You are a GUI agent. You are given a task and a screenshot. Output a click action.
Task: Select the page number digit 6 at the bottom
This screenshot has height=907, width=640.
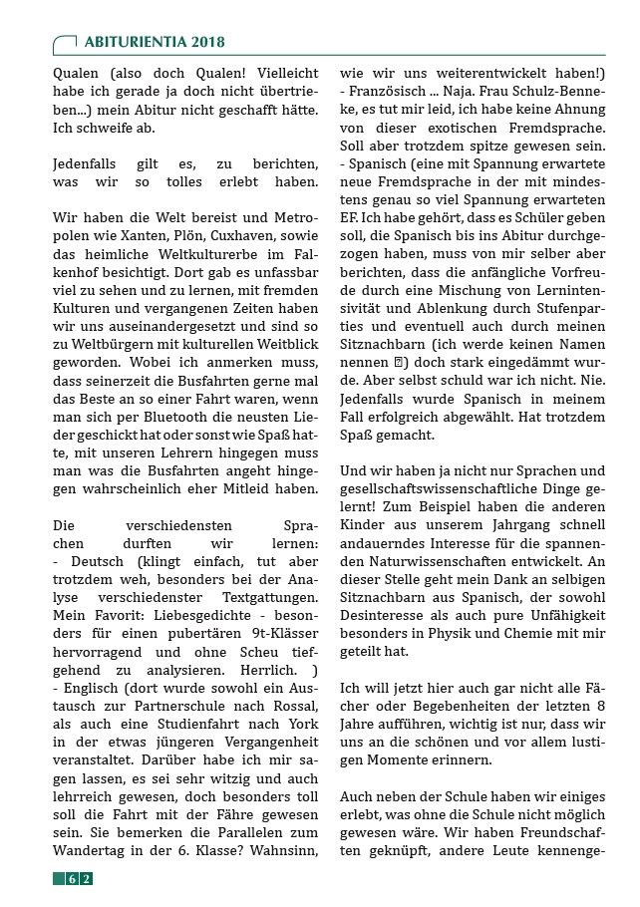click(x=73, y=878)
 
